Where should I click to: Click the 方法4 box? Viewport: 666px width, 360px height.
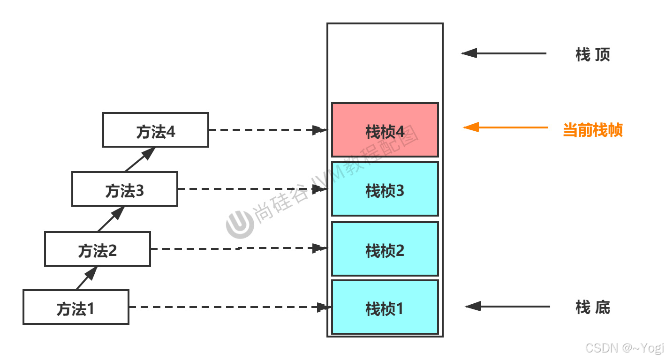156,130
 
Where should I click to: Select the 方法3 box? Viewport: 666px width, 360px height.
125,189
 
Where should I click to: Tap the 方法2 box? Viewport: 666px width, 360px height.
98,249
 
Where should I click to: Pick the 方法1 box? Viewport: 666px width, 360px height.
76,307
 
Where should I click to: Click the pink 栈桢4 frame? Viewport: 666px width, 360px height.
385,130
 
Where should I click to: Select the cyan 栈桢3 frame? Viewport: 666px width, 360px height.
385,189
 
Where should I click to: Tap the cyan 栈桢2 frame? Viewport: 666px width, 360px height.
385,249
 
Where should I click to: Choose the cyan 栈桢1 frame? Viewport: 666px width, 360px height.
385,307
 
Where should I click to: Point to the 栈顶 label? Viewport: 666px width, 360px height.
593,55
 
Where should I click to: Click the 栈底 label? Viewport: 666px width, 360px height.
593,307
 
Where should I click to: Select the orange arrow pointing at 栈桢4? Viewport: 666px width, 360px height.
506,127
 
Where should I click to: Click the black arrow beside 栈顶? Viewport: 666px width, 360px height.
504,53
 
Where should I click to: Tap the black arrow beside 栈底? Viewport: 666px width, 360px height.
507,307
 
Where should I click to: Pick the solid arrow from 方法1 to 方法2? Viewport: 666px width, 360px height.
87,278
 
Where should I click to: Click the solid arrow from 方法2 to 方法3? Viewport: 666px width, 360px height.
111,219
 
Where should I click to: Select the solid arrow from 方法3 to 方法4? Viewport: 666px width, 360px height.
140,159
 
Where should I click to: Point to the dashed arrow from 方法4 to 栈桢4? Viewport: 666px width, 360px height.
267,130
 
